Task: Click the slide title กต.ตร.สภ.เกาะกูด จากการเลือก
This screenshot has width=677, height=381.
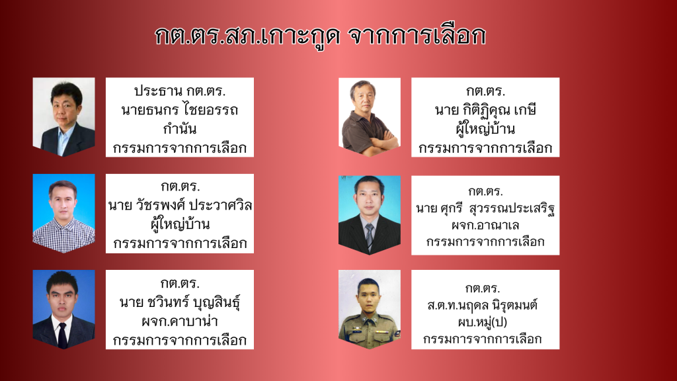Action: click(321, 36)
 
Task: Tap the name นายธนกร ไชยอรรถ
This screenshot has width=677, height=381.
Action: click(180, 110)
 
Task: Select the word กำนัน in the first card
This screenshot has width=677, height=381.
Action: click(180, 129)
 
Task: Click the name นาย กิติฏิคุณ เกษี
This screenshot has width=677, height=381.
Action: click(485, 110)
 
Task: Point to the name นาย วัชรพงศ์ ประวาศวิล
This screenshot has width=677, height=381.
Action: click(180, 205)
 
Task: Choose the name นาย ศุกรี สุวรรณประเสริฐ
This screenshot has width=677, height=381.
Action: click(485, 208)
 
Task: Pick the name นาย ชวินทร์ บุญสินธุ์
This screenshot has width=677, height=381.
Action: click(180, 302)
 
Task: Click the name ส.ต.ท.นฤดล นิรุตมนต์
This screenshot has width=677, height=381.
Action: click(482, 306)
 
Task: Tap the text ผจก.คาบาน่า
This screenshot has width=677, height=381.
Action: click(180, 321)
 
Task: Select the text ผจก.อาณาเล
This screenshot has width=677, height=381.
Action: click(485, 225)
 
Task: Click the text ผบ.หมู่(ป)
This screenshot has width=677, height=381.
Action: click(482, 322)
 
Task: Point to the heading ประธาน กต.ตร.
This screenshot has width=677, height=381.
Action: click(180, 91)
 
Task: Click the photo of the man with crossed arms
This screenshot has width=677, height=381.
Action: click(370, 117)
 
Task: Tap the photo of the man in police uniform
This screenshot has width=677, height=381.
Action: click(370, 310)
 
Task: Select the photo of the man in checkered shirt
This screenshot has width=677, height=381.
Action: click(64, 214)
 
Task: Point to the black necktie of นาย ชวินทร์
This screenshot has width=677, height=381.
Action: click(63, 334)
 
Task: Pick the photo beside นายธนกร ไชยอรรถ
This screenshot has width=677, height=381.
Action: click(64, 117)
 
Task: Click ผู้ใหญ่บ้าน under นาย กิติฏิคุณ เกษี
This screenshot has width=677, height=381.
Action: click(485, 129)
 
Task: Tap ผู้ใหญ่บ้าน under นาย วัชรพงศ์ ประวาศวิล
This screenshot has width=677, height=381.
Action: click(180, 224)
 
